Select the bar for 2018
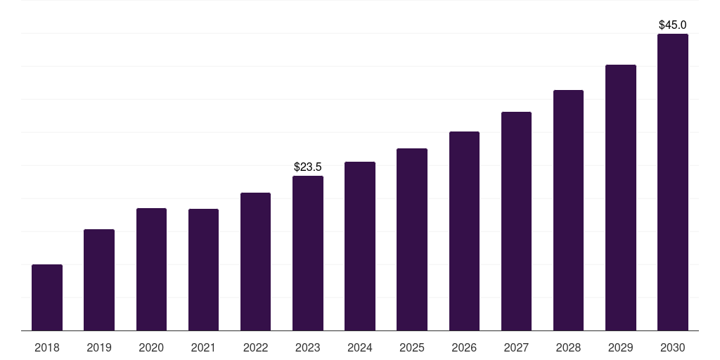tap(47, 297)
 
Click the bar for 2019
tap(99, 280)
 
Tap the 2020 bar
tap(152, 269)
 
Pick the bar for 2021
tap(203, 270)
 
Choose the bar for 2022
tap(255, 262)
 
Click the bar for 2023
tap(308, 253)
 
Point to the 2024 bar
tap(360, 246)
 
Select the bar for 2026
tap(464, 231)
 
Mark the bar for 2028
tap(568, 210)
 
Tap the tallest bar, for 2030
tap(673, 182)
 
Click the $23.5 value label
tap(308, 167)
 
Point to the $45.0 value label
tap(673, 25)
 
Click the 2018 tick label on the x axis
tap(47, 347)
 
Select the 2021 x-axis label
tap(203, 347)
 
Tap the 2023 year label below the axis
tap(308, 347)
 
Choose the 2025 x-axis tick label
tap(412, 347)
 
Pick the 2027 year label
tap(516, 347)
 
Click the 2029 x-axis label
tap(621, 347)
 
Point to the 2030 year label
tap(673, 347)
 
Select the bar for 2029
tap(621, 198)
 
